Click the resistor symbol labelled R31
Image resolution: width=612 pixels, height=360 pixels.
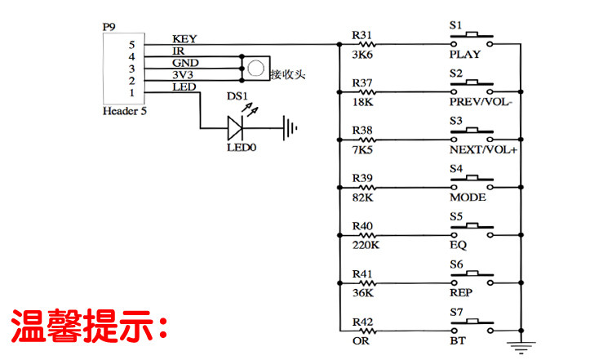tap(367, 45)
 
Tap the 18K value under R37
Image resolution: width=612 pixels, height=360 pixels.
tap(362, 102)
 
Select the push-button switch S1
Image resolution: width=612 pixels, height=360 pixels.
tap(472, 39)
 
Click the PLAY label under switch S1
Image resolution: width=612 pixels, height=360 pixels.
tap(465, 54)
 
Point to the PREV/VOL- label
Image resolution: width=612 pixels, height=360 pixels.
tap(481, 102)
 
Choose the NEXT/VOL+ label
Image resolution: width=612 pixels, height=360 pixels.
tap(483, 149)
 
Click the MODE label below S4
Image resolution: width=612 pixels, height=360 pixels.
tap(468, 198)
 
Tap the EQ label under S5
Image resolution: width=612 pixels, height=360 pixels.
tap(459, 245)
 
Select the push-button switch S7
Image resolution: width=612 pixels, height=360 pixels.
tap(472, 326)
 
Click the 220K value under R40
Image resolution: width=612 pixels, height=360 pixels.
tap(366, 245)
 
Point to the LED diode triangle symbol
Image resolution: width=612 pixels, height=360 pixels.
tap(235, 127)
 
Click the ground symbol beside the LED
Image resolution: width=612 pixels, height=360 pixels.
tap(290, 128)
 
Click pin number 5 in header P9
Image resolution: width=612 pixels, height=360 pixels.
tap(132, 45)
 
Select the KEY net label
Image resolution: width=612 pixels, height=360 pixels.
tap(184, 39)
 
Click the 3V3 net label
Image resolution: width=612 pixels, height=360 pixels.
tap(183, 74)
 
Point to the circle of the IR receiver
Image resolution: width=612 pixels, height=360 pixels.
tap(255, 69)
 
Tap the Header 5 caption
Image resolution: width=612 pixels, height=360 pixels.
tap(125, 111)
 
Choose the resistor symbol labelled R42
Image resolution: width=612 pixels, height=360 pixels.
tap(367, 331)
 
